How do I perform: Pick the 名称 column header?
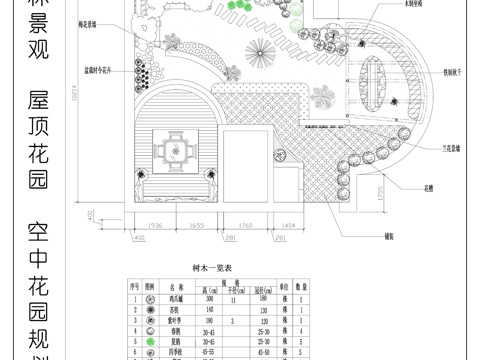point(176,286)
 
